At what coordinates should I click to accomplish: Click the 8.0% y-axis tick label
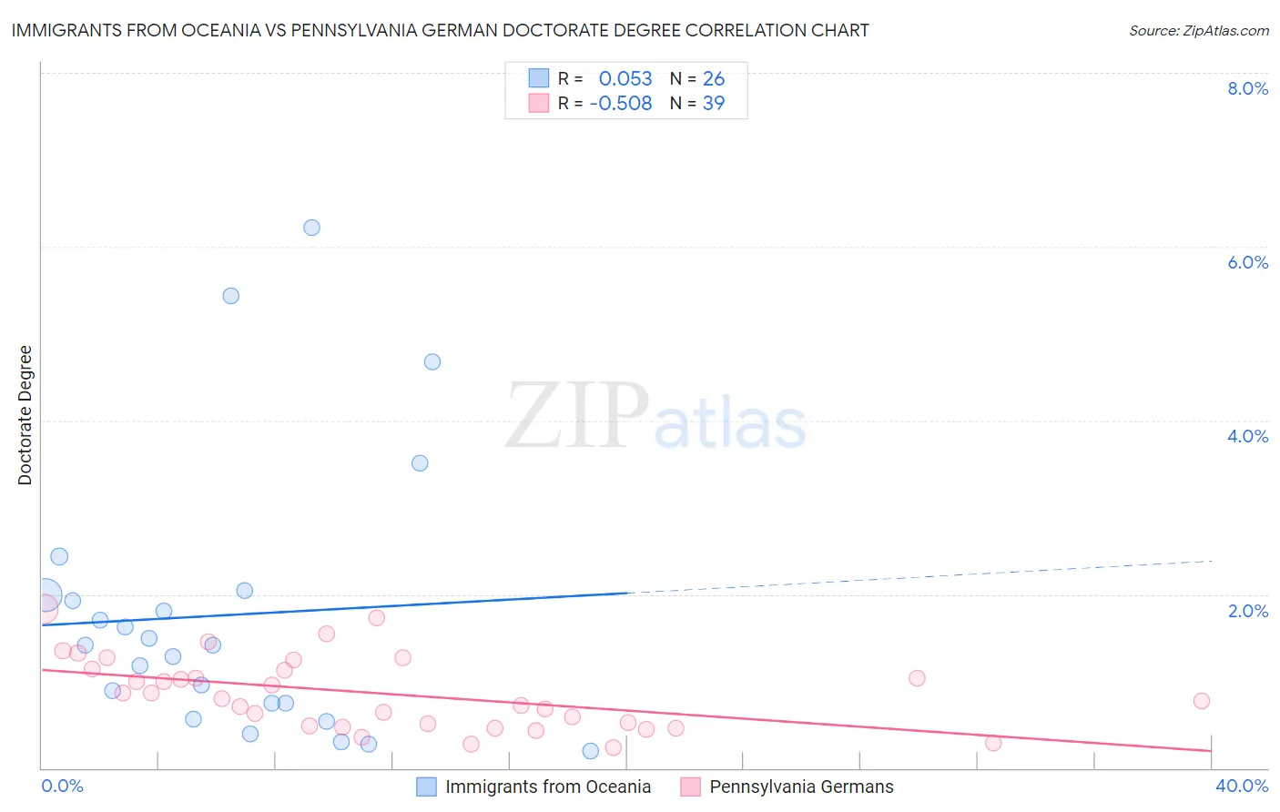(1247, 88)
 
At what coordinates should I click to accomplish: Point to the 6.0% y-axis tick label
(1247, 262)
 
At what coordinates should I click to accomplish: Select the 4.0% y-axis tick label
(1247, 436)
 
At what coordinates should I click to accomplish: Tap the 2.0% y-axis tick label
(1247, 611)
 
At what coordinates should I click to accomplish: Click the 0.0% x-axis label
(62, 786)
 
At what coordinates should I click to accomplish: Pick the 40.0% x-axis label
(1241, 786)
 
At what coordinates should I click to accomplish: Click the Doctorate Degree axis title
(25, 415)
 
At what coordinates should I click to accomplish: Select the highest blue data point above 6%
(311, 228)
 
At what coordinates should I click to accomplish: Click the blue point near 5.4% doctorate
(231, 296)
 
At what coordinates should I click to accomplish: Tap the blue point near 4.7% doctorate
(432, 362)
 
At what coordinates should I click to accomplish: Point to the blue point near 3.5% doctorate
(420, 463)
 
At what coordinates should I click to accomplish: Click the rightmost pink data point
(1201, 701)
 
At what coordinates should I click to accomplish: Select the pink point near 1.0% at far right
(917, 678)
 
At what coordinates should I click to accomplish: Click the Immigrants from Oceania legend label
(548, 787)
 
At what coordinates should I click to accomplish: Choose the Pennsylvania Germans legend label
(801, 787)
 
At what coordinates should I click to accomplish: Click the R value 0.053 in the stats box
(625, 79)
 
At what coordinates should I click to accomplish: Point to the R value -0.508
(621, 104)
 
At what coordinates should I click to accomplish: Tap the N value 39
(714, 104)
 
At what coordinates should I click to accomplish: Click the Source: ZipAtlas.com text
(1198, 31)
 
